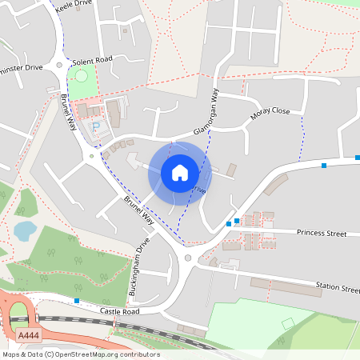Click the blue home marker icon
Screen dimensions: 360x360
click(x=180, y=172)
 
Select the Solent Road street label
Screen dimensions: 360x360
click(x=93, y=60)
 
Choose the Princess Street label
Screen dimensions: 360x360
click(x=321, y=233)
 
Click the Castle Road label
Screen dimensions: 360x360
click(x=120, y=310)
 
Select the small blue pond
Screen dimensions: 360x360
click(x=25, y=230)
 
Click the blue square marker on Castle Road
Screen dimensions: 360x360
click(x=77, y=301)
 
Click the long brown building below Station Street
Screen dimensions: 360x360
click(x=280, y=286)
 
